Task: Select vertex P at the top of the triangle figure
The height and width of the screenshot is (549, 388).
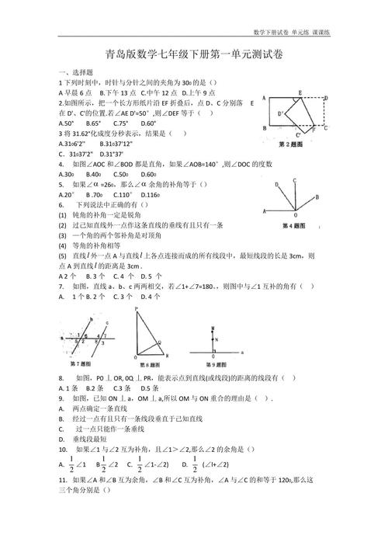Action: [137, 309]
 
